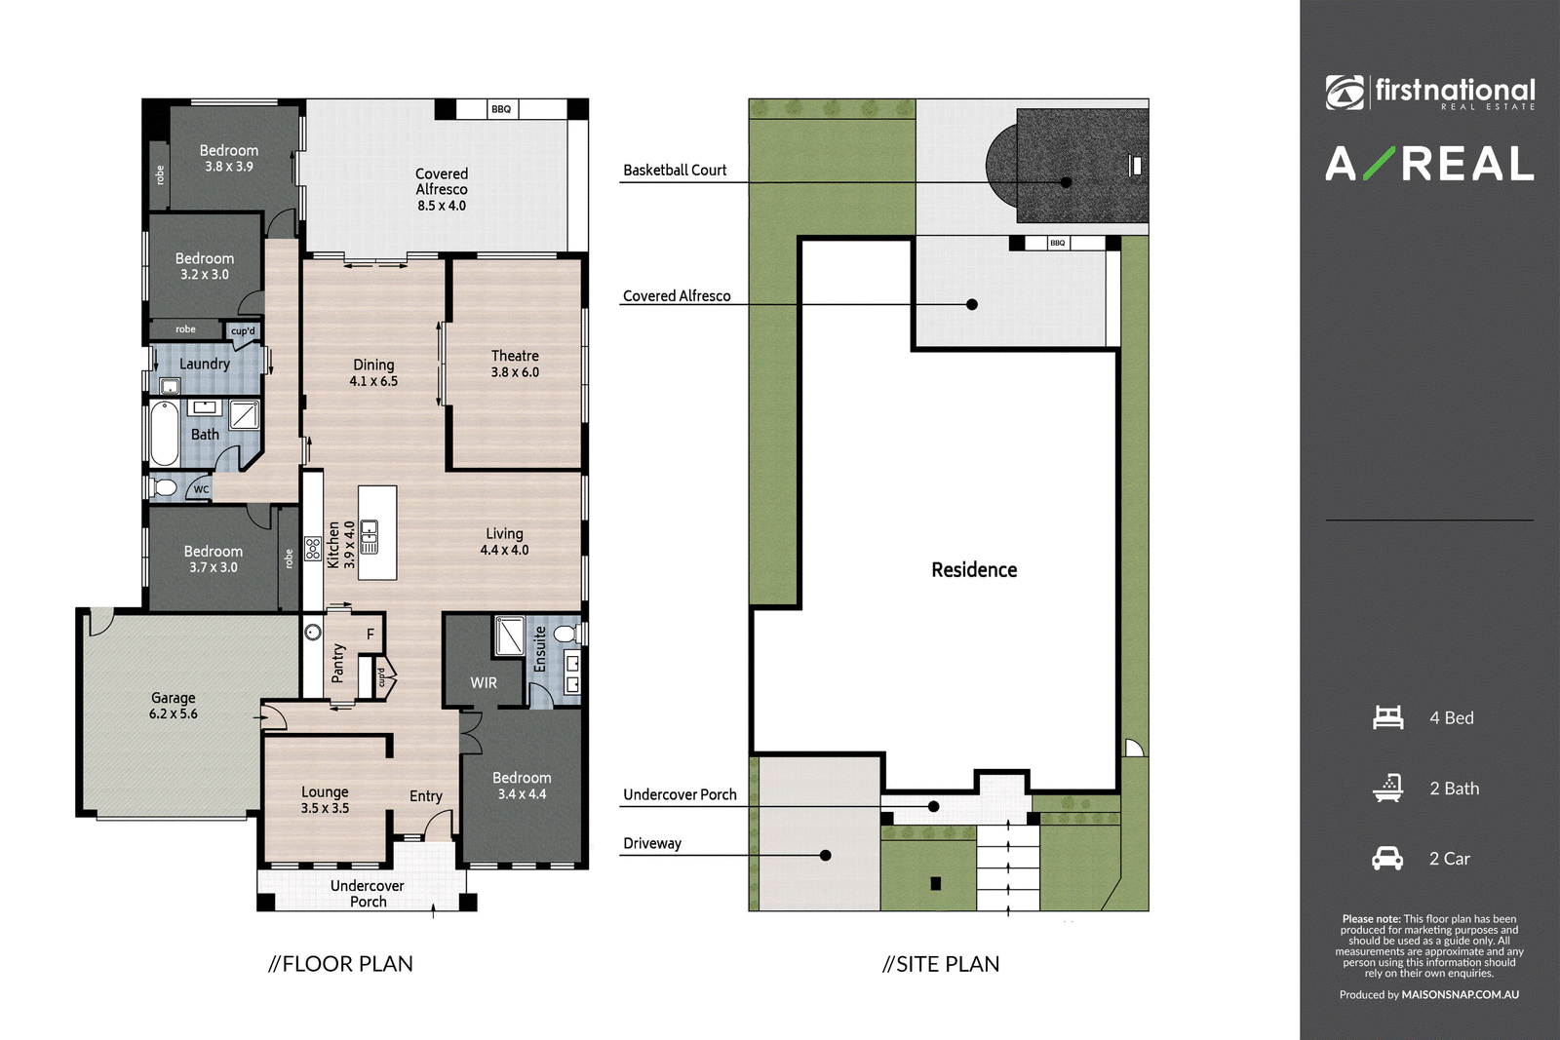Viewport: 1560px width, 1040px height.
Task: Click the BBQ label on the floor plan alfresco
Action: [501, 109]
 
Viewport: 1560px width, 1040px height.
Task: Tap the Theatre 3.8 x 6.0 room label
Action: [516, 365]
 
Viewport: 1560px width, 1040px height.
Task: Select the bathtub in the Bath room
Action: [165, 433]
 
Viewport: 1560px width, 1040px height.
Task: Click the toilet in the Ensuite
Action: [565, 634]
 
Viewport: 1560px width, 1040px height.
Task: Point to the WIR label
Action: [484, 683]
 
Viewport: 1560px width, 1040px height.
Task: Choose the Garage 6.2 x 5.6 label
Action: [174, 705]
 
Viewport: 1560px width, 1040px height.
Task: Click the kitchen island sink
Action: [370, 537]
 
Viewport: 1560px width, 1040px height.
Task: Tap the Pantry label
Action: [337, 663]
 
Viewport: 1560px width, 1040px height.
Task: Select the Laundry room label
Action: [204, 365]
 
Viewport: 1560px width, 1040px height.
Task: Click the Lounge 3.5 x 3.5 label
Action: [326, 800]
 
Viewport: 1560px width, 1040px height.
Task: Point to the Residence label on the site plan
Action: [974, 570]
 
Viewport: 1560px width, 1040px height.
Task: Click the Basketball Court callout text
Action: [675, 170]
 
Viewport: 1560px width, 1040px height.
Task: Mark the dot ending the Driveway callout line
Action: [825, 856]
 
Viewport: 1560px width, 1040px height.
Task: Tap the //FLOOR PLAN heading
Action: [340, 964]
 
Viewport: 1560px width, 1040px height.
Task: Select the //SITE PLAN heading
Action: [941, 964]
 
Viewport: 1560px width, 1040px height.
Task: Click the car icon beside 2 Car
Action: [1387, 859]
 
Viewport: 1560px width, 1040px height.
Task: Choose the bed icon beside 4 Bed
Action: [1388, 717]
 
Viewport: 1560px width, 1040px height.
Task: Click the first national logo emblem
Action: [1345, 94]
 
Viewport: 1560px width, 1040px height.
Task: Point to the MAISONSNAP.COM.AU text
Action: [1461, 995]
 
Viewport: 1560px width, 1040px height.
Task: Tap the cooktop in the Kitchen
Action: [313, 550]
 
